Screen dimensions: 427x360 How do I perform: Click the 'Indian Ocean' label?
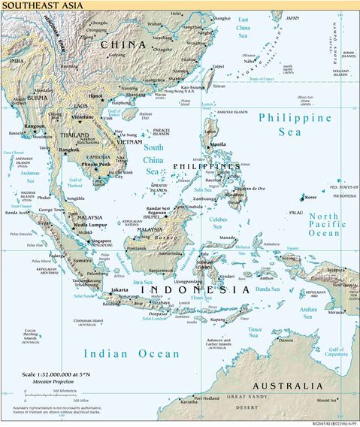132,353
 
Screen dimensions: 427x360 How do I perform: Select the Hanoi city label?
95,96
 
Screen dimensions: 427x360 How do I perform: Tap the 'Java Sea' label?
143,281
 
